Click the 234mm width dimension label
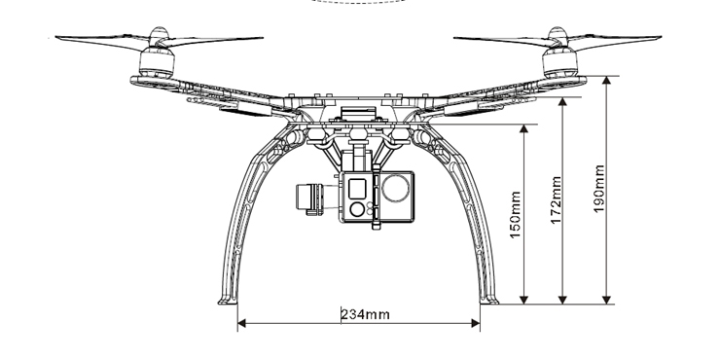365,313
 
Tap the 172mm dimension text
556,198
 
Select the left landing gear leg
238,224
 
